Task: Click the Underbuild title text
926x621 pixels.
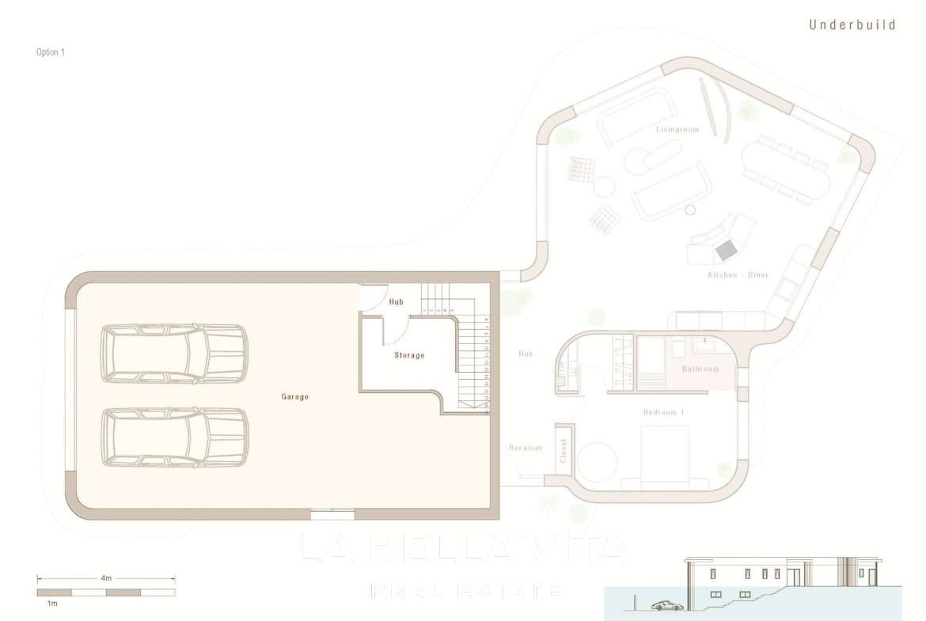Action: pos(852,25)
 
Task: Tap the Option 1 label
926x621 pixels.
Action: pos(50,52)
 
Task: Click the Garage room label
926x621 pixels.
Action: pos(294,396)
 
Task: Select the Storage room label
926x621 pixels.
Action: pos(409,355)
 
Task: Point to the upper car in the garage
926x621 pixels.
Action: pos(174,353)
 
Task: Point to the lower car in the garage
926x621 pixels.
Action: pos(174,437)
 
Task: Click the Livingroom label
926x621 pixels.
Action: pos(677,129)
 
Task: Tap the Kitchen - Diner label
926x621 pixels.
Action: pos(738,275)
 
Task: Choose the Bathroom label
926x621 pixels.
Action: pos(700,369)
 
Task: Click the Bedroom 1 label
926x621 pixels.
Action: pos(662,412)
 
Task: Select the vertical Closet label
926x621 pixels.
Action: pos(564,451)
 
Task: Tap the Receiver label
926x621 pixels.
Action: pos(526,448)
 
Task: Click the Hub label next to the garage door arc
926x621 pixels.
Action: pos(396,301)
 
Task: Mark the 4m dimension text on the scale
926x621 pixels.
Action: pos(105,578)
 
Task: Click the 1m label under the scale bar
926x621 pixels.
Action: pos(51,604)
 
